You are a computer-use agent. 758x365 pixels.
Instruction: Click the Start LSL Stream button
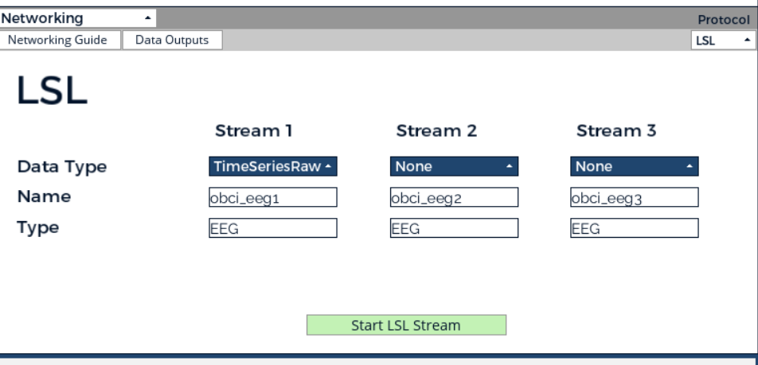(x=406, y=325)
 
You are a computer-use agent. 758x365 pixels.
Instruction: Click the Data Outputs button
(x=172, y=40)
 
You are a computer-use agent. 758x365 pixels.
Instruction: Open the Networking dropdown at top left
(x=77, y=18)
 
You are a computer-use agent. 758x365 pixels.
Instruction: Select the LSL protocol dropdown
(x=723, y=40)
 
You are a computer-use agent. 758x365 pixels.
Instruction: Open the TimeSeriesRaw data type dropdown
(x=272, y=166)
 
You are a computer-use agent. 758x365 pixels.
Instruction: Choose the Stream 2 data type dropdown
(x=454, y=166)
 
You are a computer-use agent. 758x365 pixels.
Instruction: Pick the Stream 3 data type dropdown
(x=635, y=166)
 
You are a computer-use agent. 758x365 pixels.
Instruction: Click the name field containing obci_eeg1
(x=272, y=197)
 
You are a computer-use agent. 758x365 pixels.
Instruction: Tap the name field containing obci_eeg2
(x=454, y=197)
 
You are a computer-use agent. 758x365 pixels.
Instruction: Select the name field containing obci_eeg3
(x=635, y=197)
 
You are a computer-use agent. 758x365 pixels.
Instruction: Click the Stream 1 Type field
(x=272, y=228)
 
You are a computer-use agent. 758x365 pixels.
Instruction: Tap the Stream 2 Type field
(x=454, y=228)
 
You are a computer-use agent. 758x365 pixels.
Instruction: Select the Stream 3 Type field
(x=635, y=228)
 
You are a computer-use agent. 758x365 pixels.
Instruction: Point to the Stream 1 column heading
(x=254, y=131)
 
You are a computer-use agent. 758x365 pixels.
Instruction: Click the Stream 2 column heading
(x=436, y=131)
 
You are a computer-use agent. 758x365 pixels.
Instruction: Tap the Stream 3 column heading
(x=616, y=131)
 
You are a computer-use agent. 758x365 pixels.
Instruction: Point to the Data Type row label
(x=62, y=167)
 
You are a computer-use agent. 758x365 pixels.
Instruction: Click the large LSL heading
(x=52, y=90)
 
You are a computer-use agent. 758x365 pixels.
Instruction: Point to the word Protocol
(x=724, y=20)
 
